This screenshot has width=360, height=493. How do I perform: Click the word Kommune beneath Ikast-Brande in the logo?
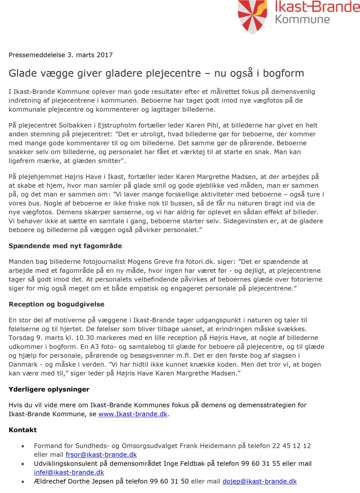tap(302, 19)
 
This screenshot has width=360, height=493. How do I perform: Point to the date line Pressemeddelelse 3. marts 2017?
tap(60, 55)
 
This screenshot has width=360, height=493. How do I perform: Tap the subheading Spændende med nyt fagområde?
tap(65, 246)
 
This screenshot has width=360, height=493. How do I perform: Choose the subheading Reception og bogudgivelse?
tap(56, 304)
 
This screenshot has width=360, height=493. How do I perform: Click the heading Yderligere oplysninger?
tap(49, 389)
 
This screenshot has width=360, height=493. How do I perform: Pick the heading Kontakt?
tap(23, 430)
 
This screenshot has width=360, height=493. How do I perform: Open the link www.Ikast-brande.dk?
tap(133, 414)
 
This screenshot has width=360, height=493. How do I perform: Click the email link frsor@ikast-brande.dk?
tap(101, 454)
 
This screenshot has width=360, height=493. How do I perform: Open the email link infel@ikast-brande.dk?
tap(69, 472)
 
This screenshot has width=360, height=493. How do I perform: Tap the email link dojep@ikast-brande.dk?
tap(259, 481)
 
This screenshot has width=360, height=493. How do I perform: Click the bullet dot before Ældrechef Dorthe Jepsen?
tap(23, 481)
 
